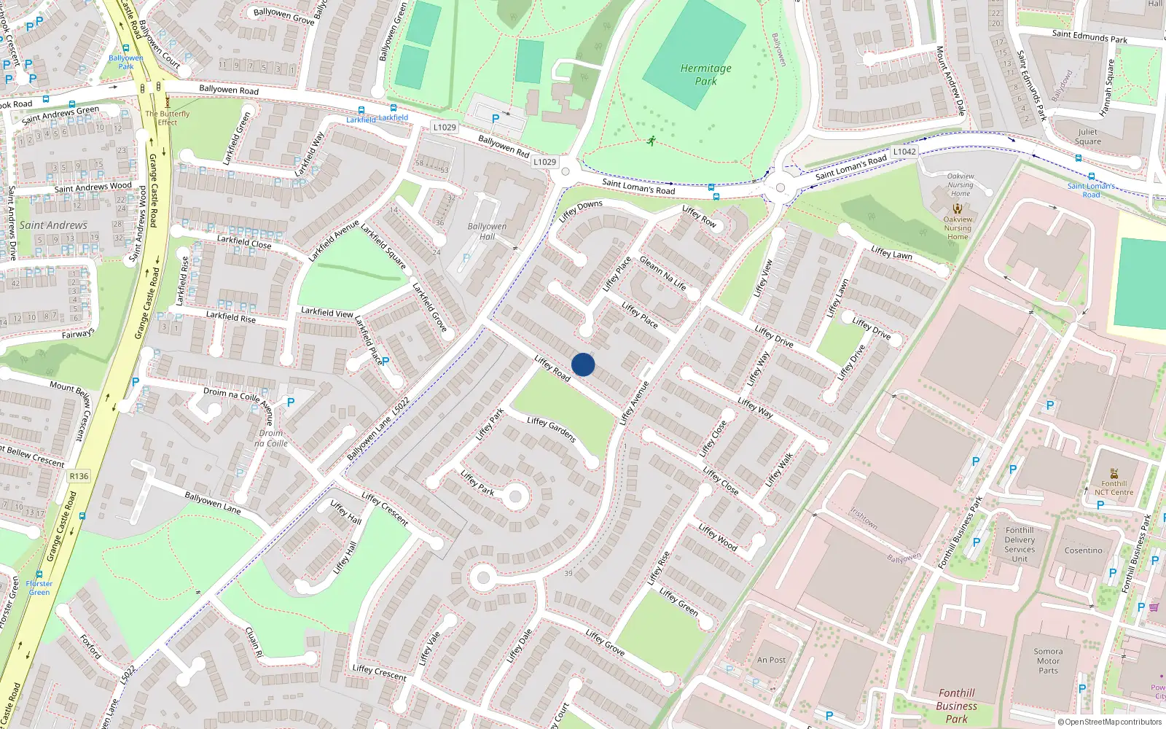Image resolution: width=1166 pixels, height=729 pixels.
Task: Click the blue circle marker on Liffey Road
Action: (x=583, y=364)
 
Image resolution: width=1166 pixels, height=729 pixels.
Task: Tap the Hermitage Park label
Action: (x=705, y=74)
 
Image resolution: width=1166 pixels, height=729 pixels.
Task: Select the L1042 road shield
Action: (x=904, y=152)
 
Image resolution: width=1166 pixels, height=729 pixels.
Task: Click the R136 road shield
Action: (x=79, y=476)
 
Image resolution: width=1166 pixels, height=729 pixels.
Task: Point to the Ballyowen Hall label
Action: (x=487, y=231)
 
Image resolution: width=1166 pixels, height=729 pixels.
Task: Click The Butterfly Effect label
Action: (x=167, y=118)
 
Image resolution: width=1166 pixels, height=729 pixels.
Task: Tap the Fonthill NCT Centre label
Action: (x=1114, y=488)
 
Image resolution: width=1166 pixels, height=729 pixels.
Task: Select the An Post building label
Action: (x=771, y=660)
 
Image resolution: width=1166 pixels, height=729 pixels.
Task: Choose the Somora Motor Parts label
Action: (x=1048, y=661)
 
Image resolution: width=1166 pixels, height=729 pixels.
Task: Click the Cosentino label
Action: (x=1083, y=550)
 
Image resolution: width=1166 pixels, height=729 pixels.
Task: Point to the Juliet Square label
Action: (x=1087, y=137)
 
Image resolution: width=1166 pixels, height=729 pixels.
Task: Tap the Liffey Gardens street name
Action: (x=552, y=429)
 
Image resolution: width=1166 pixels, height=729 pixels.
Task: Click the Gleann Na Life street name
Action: (x=662, y=273)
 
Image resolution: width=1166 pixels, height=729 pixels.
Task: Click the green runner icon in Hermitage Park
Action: (x=651, y=140)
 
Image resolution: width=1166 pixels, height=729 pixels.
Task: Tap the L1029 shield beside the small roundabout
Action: (x=544, y=162)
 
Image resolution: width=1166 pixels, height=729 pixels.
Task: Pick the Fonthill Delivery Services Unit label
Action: (x=1020, y=545)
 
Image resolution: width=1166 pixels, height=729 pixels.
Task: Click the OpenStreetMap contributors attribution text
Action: (x=1110, y=722)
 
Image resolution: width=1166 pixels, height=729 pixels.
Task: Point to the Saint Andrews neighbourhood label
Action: (x=53, y=225)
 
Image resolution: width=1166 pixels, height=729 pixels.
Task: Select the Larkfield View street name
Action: (x=327, y=312)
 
